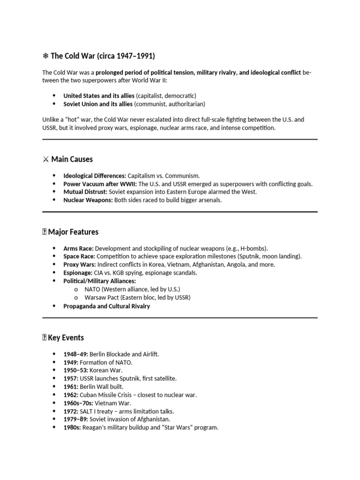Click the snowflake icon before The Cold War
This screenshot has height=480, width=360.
45,56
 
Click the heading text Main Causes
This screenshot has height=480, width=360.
72,159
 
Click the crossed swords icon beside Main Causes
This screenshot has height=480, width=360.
45,159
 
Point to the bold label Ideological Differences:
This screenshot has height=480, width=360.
95,175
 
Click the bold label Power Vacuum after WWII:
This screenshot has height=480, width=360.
100,184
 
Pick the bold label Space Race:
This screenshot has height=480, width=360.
79,256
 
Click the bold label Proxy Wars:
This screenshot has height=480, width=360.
79,264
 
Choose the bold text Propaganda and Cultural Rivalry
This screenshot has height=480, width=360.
106,306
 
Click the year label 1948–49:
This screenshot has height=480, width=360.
75,354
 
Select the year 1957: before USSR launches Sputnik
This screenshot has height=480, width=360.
71,378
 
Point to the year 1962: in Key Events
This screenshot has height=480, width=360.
71,395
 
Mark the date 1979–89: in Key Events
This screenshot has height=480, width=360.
75,419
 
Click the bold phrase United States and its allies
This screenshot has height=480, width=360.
98,96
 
